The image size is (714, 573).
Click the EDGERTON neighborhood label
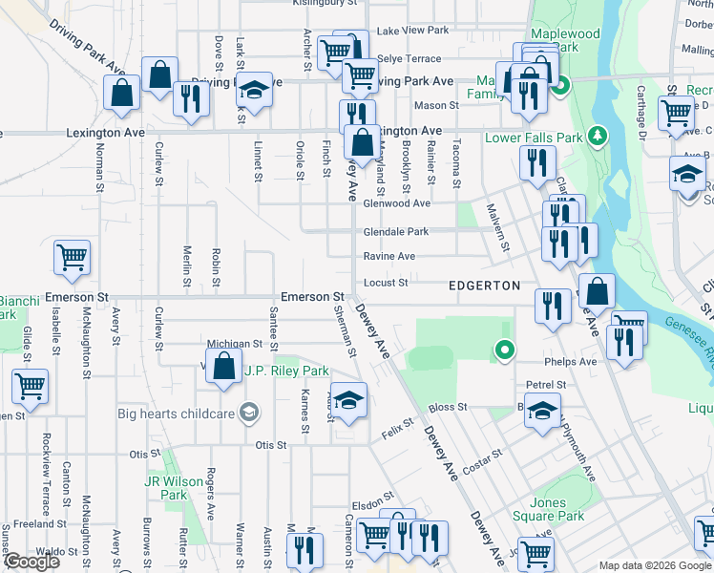(485, 286)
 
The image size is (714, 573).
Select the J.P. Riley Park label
(286, 371)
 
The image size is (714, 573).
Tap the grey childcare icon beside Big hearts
(249, 413)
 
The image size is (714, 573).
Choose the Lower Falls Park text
(534, 138)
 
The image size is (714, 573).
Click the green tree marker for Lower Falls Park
(598, 136)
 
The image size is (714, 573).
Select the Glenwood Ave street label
(396, 202)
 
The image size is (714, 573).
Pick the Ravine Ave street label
(388, 256)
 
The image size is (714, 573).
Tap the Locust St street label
(386, 283)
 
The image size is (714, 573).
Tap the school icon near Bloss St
(542, 412)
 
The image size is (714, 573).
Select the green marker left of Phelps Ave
(505, 351)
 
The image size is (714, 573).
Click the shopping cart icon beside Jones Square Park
(537, 551)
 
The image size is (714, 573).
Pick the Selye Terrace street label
(409, 58)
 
